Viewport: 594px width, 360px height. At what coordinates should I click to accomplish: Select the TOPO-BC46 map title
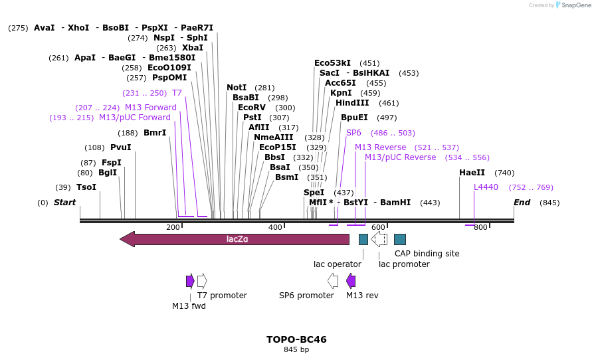[296, 339]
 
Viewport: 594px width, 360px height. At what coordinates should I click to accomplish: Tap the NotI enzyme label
[237, 88]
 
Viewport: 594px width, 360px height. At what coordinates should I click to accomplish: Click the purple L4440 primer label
[486, 187]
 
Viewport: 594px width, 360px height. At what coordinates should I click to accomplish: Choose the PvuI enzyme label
[121, 147]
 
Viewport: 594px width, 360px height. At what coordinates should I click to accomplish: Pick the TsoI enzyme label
[86, 187]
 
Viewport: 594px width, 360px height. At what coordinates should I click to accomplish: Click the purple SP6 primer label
[353, 133]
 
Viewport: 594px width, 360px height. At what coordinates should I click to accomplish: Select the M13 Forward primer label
[151, 108]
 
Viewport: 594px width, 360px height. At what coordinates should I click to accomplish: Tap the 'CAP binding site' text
[427, 254]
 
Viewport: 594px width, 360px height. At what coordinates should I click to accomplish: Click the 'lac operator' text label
[338, 264]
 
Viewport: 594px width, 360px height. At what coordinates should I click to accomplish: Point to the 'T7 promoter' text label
[222, 296]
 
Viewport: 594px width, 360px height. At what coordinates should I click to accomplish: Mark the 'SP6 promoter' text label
[306, 296]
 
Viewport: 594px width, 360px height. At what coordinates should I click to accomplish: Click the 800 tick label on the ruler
[480, 228]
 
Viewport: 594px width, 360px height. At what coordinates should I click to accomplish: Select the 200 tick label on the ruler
[173, 228]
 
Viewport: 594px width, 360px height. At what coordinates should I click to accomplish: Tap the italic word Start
[64, 203]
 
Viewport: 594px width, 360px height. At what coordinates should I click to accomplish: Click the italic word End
[522, 203]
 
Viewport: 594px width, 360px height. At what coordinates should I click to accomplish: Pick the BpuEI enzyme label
[354, 118]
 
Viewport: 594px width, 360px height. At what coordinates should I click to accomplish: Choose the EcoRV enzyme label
[252, 108]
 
